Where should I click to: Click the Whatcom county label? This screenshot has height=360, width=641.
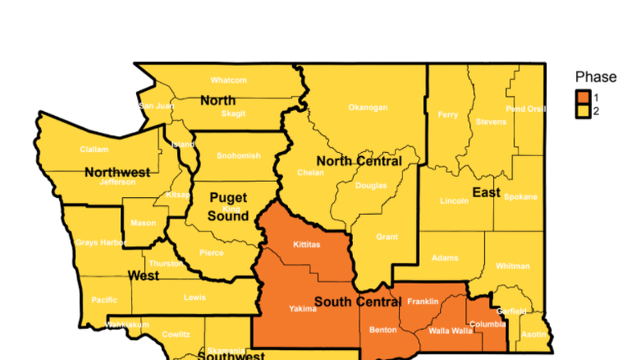(x=229, y=80)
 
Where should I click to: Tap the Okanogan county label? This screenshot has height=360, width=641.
(x=368, y=108)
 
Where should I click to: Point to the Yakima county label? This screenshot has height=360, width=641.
(x=303, y=308)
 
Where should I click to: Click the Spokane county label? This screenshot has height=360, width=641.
(x=521, y=197)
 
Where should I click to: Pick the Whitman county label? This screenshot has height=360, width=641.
(x=512, y=266)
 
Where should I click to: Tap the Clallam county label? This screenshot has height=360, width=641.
(x=94, y=150)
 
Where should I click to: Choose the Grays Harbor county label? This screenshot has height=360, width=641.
(x=101, y=243)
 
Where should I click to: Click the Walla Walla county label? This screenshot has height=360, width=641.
(x=451, y=331)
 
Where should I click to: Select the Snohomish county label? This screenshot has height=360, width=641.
(x=239, y=155)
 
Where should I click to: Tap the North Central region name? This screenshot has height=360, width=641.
(x=359, y=161)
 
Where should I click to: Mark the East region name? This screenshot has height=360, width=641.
(x=487, y=193)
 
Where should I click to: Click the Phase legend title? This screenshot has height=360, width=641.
(x=596, y=78)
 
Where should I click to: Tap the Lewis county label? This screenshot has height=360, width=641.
(x=194, y=297)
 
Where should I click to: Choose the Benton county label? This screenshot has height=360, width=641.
(x=383, y=330)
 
